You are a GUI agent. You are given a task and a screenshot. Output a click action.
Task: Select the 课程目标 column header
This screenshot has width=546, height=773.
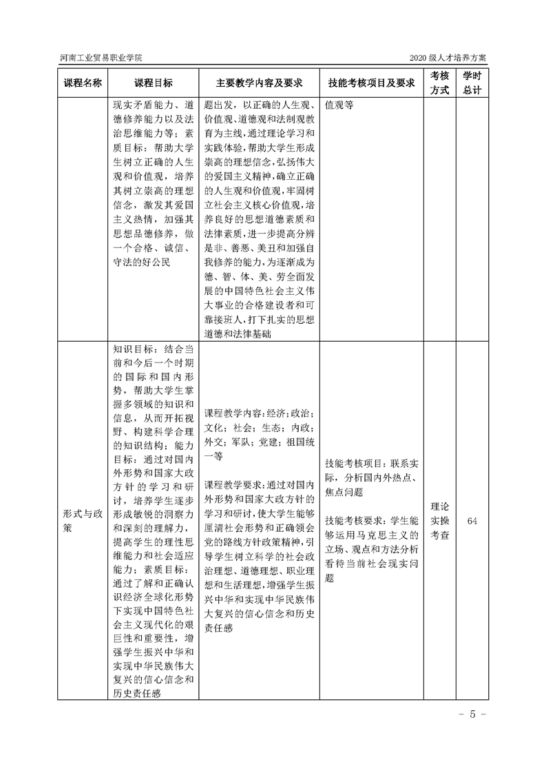coord(154,83)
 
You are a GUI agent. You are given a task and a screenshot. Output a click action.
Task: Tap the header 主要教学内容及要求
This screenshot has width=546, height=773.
coord(259,83)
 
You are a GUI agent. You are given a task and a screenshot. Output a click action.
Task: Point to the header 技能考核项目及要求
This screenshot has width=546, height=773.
coord(371,83)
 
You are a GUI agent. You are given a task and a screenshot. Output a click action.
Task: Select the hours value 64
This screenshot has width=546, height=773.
coord(472,521)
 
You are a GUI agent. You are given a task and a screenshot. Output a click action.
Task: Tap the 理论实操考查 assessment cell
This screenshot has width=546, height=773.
coord(440,521)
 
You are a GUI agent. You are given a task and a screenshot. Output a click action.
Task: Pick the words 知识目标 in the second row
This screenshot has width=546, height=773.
coord(135,350)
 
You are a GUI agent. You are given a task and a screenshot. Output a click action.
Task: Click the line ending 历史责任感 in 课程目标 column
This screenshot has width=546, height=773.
coord(137,692)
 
